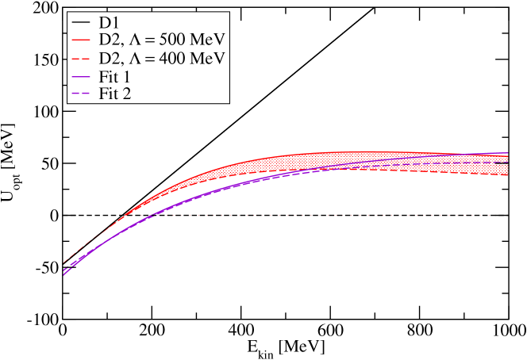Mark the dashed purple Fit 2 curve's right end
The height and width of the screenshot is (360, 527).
click(506, 162)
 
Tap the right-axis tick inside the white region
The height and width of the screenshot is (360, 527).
click(504, 189)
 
